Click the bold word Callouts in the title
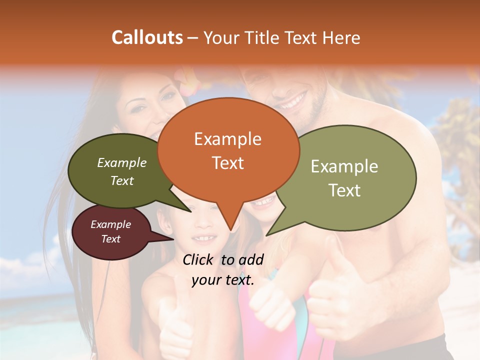pos(147,37)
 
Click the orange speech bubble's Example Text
pos(228,150)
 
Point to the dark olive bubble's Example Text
pos(122,171)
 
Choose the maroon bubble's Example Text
pos(111,231)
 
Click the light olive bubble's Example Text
pos(344,178)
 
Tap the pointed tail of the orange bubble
pos(230,227)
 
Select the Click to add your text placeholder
pos(223,269)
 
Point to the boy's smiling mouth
pos(205,238)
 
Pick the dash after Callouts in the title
pos(193,37)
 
